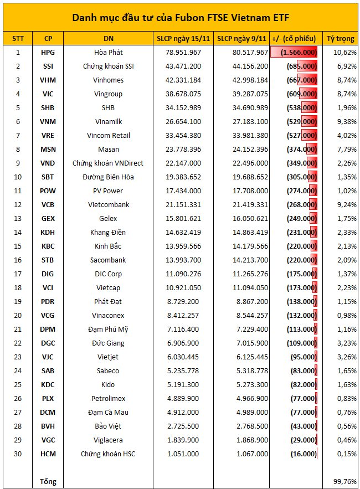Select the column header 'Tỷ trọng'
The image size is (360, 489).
click(341, 38)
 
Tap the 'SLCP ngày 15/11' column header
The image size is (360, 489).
click(182, 38)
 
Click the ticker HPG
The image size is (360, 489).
click(48, 52)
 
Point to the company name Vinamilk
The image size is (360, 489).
click(109, 121)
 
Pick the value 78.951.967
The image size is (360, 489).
click(182, 52)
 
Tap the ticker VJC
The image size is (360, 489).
click(48, 357)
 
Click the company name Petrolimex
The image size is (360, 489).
click(109, 398)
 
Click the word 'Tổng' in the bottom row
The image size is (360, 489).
click(48, 481)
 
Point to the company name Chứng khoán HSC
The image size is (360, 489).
click(109, 454)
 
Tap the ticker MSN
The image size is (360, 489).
click(48, 149)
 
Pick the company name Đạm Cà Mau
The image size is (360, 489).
click(109, 412)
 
